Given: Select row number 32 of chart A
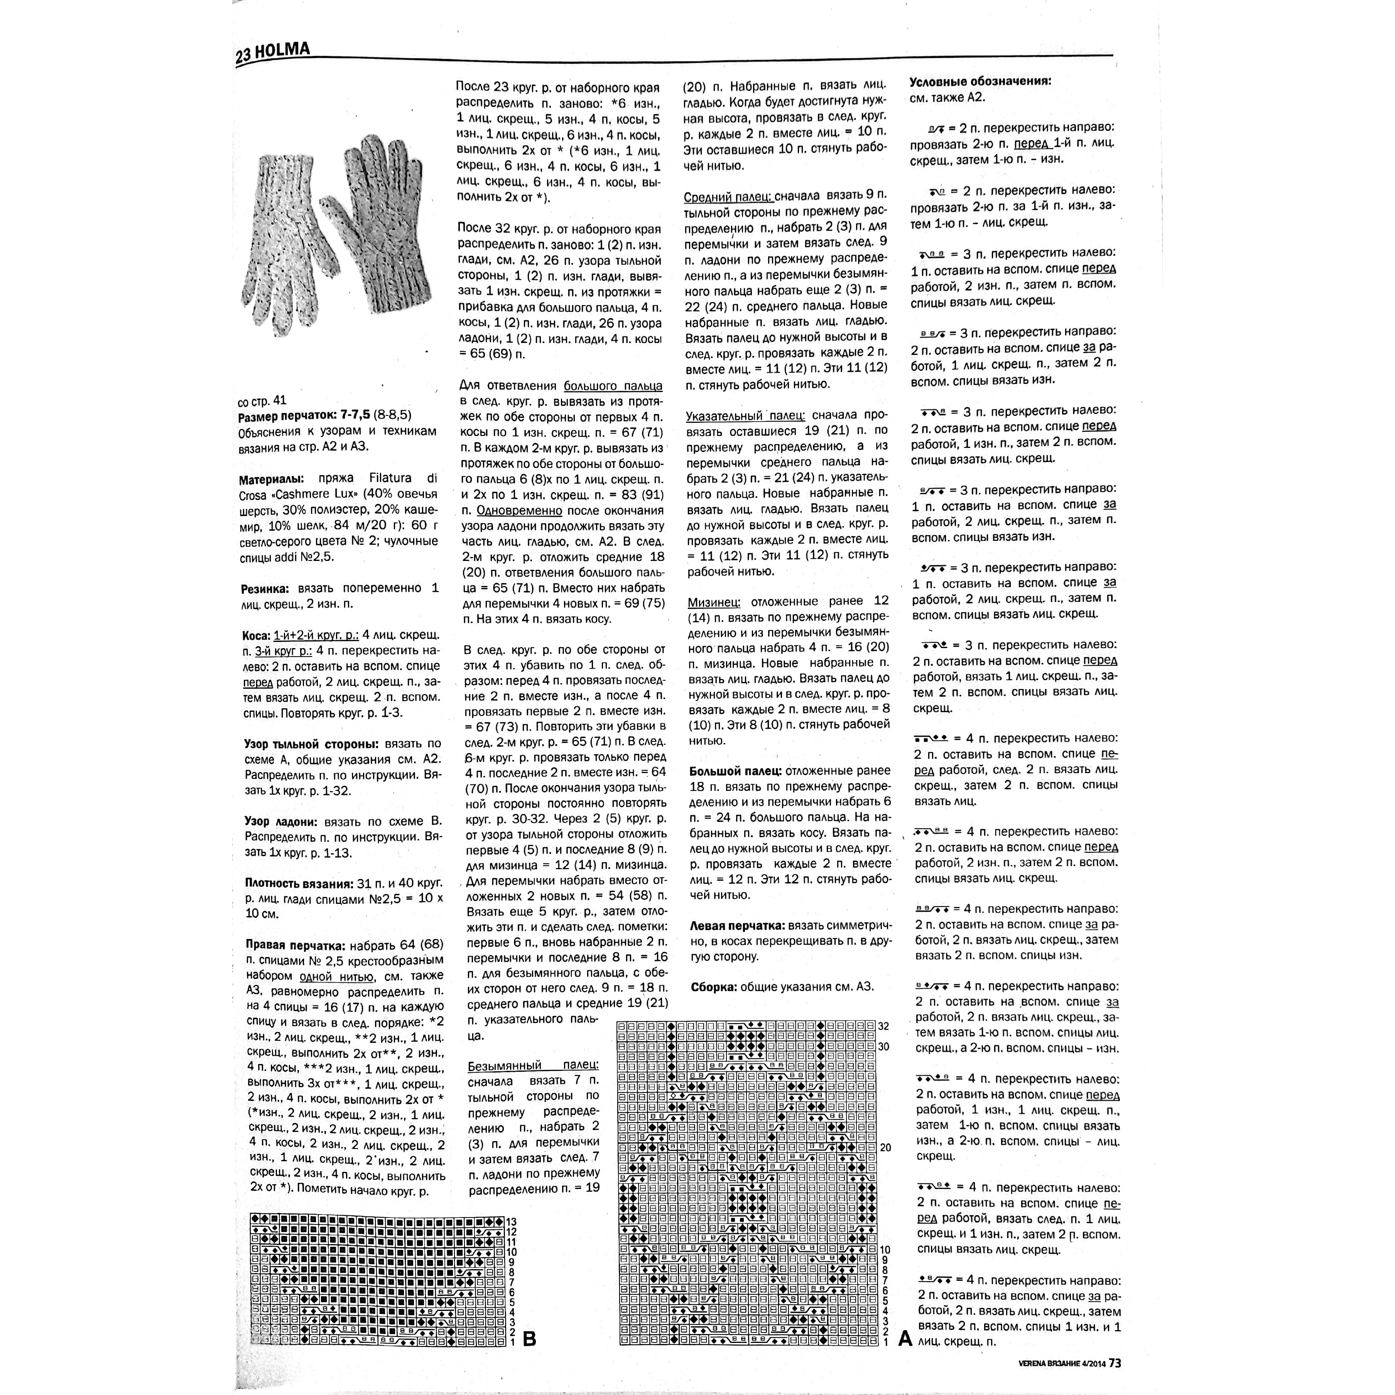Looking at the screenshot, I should [884, 1026].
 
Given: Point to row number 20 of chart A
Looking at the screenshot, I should [885, 1147].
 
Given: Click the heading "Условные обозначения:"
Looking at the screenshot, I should [980, 81].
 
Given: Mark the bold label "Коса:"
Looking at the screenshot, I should [256, 635].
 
